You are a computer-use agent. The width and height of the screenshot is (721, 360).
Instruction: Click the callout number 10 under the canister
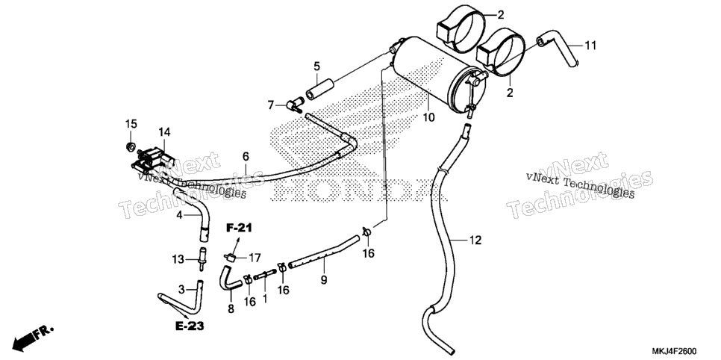tap(428, 117)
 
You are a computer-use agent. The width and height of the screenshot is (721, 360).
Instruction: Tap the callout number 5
tap(316, 66)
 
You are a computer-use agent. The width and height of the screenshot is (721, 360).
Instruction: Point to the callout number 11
tap(590, 45)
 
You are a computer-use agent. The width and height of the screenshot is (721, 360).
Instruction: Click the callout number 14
tap(165, 132)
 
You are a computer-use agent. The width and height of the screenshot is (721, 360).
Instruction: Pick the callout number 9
tap(324, 279)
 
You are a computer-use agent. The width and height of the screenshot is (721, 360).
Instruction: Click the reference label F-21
tap(239, 227)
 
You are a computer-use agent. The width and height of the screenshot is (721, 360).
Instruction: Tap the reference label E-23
tap(190, 326)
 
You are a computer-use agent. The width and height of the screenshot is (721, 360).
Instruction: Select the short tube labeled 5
tap(319, 90)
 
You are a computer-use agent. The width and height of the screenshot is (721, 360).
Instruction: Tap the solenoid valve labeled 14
tap(149, 159)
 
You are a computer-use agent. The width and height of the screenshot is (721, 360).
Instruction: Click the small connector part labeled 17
tap(231, 256)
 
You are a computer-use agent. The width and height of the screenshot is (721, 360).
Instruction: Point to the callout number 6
tap(246, 157)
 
